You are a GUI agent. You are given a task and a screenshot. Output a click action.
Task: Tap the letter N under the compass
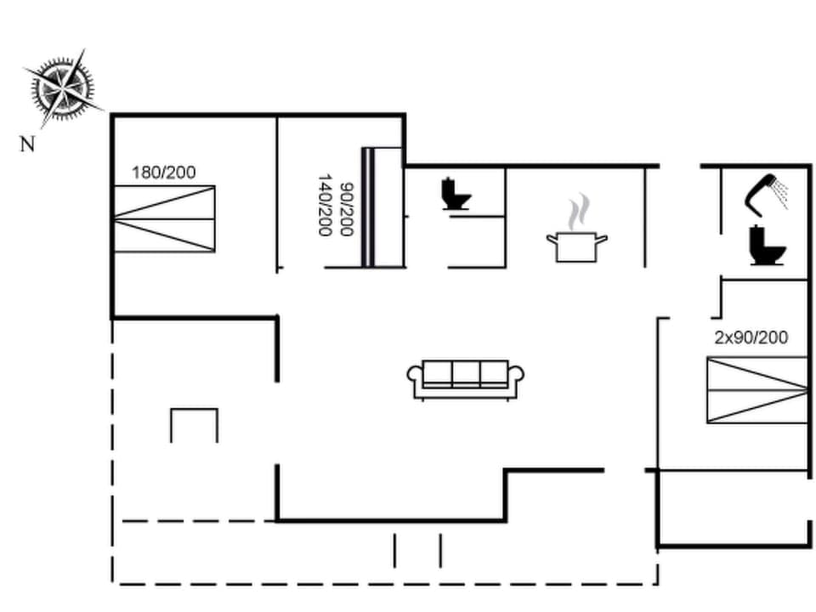(x=28, y=144)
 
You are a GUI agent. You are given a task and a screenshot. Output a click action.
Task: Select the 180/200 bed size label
(x=163, y=173)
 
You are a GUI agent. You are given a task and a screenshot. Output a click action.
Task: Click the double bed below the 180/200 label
(x=163, y=218)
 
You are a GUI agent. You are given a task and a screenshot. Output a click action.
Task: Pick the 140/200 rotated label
(x=324, y=205)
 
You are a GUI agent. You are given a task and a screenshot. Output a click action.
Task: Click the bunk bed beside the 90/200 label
(x=382, y=207)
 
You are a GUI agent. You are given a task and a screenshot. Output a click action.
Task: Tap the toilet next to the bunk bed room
(x=456, y=194)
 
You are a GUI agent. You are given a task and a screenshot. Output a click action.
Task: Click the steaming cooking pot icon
(x=577, y=246)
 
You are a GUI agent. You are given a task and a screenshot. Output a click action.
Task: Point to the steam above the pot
(x=578, y=212)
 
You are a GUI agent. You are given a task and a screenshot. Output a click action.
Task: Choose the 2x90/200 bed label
(x=751, y=337)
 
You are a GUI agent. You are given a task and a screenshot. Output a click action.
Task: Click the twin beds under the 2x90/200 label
(x=756, y=390)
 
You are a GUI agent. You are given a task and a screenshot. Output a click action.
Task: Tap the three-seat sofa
(x=466, y=378)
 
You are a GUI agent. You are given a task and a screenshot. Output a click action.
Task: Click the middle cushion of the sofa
(x=466, y=373)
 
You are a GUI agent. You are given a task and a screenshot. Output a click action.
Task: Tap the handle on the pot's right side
(x=603, y=241)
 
